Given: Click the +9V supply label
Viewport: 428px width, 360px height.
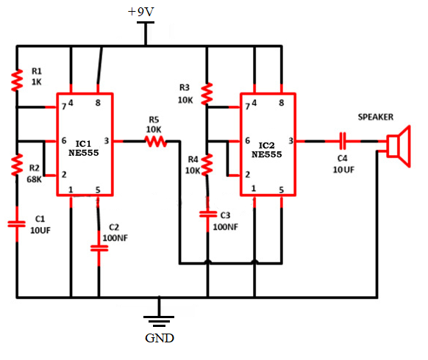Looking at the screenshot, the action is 141,12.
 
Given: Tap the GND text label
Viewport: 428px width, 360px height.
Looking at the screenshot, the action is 160,338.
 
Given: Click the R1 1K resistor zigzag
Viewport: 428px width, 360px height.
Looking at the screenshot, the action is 17,80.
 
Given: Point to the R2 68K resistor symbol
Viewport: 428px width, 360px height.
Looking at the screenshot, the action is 17,165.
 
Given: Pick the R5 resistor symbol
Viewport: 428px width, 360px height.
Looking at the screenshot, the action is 156,141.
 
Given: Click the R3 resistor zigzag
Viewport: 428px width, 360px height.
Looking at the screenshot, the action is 207,94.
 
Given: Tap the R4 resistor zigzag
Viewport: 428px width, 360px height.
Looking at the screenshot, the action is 207,164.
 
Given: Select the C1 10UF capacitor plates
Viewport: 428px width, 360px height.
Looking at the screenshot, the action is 17,224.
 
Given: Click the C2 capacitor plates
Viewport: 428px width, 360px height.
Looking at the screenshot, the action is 99,248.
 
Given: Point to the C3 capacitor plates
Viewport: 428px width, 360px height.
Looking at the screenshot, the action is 208,215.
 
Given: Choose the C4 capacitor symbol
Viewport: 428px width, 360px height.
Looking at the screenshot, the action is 343,141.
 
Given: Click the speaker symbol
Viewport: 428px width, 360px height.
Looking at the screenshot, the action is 399,146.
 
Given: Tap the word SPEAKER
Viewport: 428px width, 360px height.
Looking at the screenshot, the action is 376,117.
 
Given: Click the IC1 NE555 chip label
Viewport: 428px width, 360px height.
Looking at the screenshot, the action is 84,148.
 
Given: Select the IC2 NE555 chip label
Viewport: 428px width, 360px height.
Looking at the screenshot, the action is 266,150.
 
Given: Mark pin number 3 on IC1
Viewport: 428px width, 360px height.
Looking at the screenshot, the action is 107,141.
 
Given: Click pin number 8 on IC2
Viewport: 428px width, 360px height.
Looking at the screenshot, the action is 282,103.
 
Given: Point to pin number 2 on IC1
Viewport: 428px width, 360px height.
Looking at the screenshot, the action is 64,175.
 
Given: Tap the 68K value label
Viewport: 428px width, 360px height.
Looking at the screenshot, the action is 34,179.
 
